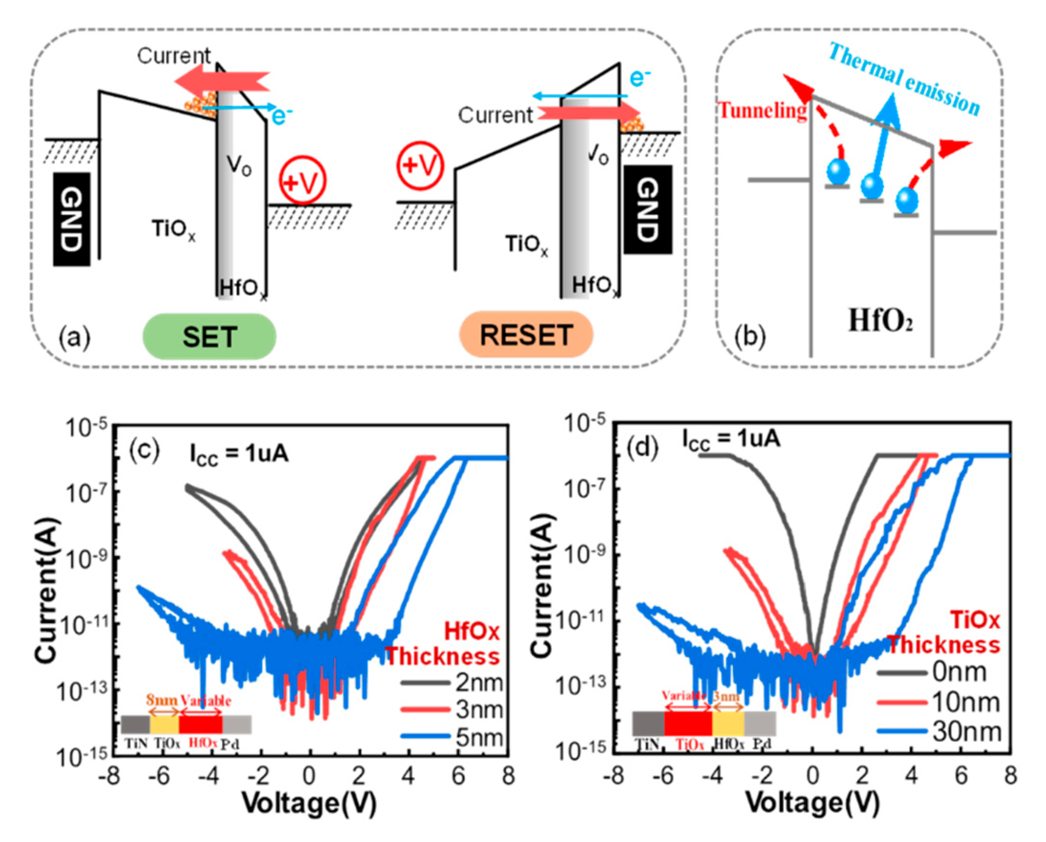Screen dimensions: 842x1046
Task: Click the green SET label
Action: coord(209,336)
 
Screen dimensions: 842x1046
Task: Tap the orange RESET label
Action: coord(526,335)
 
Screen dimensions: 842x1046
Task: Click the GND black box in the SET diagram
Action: coord(71,219)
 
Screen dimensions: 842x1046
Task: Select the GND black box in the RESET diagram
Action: coord(648,209)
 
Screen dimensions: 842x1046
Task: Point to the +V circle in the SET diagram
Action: coord(303,181)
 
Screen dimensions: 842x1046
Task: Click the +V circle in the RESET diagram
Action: coord(420,166)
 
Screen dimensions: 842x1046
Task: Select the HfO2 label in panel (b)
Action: coord(880,320)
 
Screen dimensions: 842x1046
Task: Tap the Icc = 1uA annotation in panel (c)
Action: coord(238,455)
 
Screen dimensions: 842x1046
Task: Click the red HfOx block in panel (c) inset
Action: coord(200,724)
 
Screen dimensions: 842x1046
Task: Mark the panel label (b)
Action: coord(749,336)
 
